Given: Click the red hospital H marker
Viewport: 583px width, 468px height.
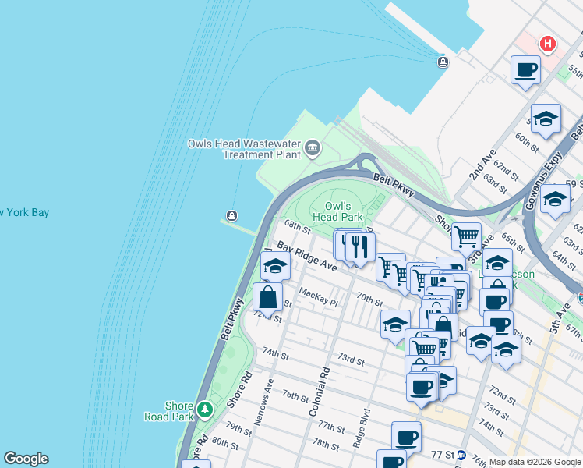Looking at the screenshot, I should click(548, 44).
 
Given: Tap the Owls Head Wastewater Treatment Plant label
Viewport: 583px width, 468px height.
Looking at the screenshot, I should click(244, 149).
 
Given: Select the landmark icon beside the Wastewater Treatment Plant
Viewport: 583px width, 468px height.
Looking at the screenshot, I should click(313, 148).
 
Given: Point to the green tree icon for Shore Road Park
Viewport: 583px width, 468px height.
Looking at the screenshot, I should click(204, 409).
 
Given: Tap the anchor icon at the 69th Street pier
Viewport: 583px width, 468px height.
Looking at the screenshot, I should click(231, 216).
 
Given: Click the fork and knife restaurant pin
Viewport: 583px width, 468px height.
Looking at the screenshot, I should click(359, 248).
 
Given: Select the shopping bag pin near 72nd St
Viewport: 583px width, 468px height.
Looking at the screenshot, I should click(267, 298).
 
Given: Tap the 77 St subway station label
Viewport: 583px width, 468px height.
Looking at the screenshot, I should click(443, 454).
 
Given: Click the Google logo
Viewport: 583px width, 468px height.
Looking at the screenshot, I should click(26, 459).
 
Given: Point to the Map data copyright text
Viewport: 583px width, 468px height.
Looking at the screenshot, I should click(534, 462).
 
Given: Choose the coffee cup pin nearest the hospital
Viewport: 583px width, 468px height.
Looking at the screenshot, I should click(526, 70).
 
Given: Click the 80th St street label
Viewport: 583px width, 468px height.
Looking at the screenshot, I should click(224, 442).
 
